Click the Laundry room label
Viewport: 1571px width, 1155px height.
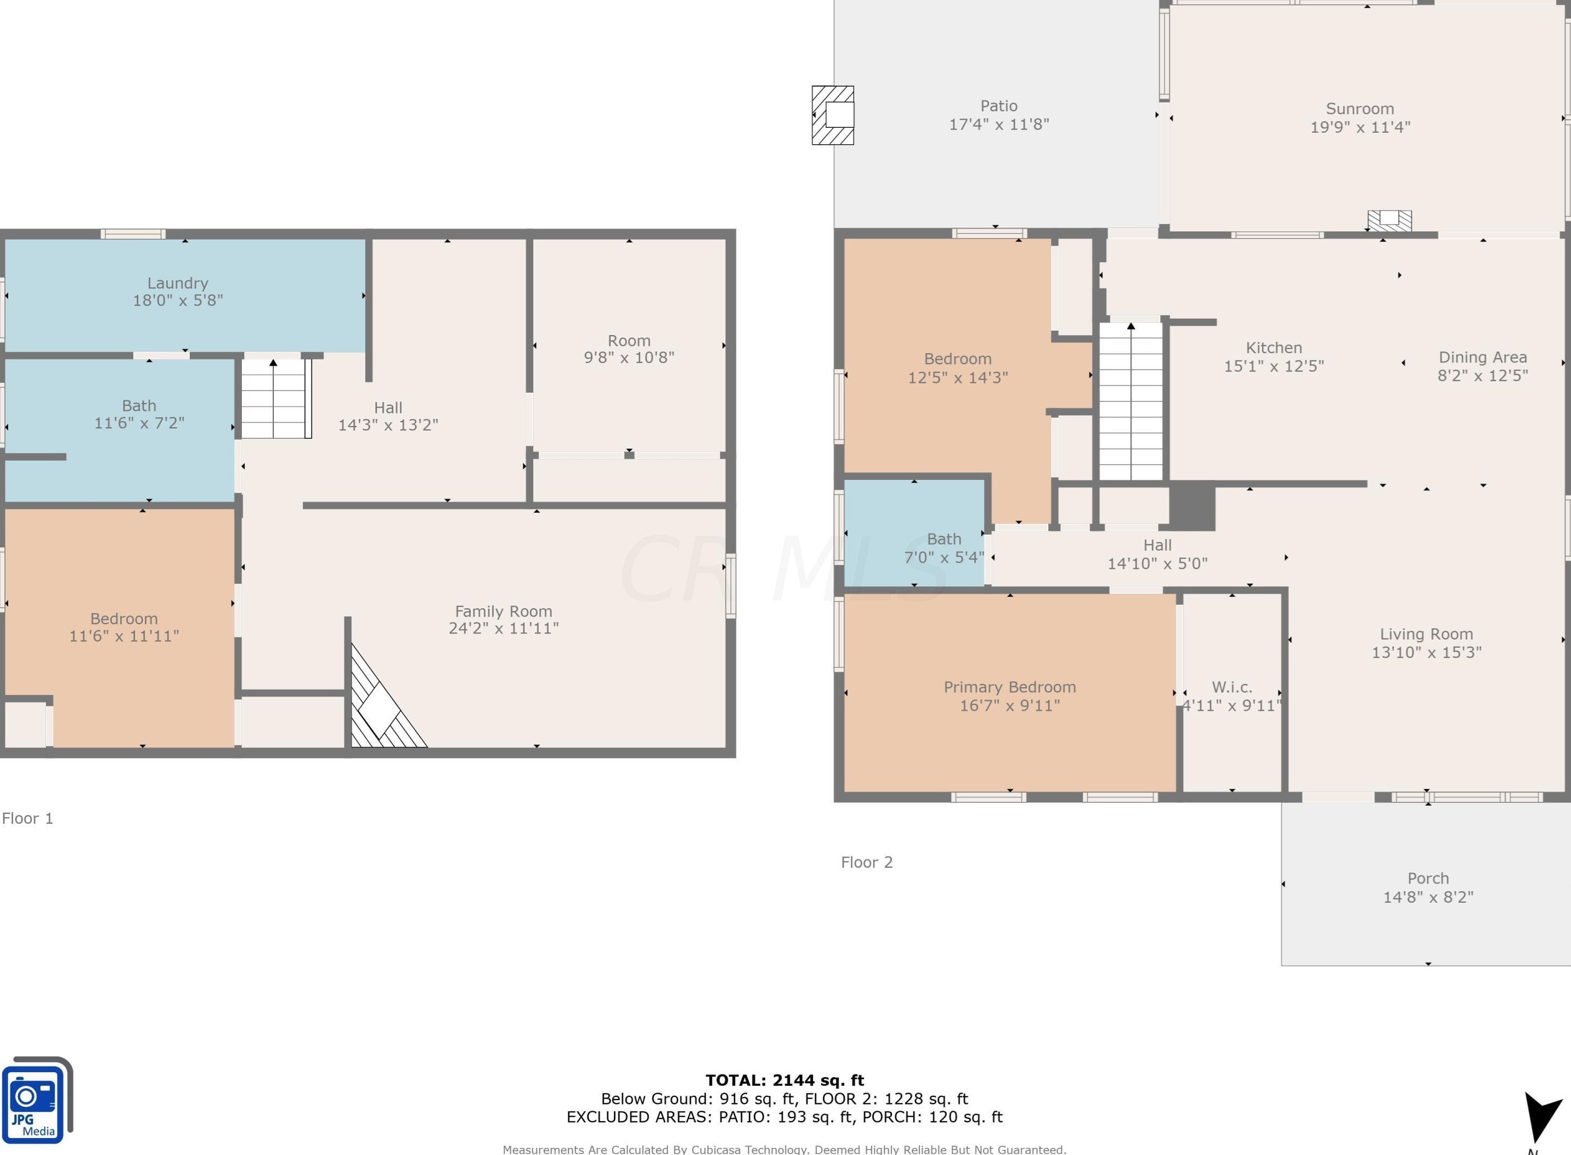pos(178,283)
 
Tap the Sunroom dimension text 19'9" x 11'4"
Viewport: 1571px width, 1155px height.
pos(1360,127)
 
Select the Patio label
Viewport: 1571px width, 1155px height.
pos(998,106)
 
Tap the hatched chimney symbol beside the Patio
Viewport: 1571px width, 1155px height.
pos(833,115)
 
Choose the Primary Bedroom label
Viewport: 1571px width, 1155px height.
pos(1010,687)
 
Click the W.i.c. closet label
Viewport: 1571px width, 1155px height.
pos(1232,687)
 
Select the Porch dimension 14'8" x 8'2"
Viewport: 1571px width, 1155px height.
pos(1428,897)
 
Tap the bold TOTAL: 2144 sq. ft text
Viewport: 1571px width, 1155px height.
pos(784,1080)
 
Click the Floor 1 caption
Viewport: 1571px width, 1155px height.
pos(28,818)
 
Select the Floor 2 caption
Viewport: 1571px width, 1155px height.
pos(867,862)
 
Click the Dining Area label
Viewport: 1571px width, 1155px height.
pos(1482,357)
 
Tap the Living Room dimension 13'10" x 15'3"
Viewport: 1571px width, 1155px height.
pos(1426,652)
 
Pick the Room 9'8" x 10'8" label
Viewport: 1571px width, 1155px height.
pos(629,349)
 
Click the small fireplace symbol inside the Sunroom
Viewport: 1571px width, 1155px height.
pos(1389,220)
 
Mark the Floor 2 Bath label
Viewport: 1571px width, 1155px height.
pos(944,539)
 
